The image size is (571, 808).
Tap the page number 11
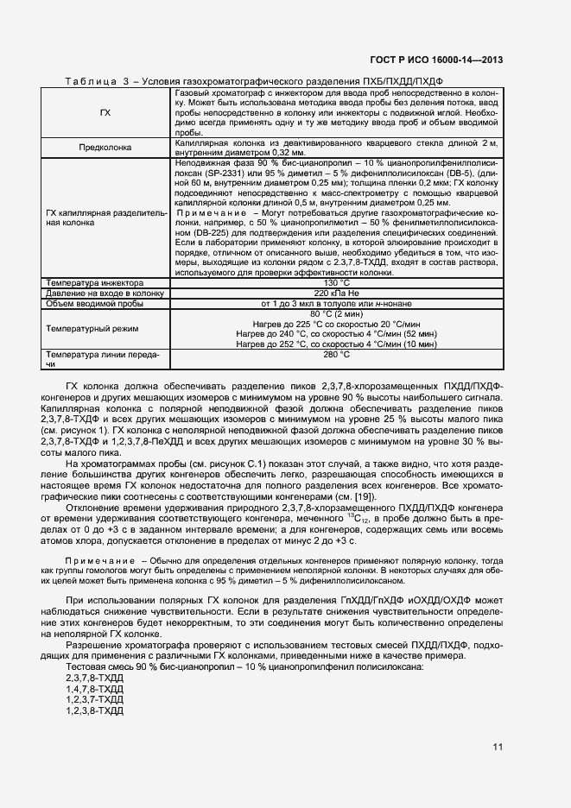pos(498,747)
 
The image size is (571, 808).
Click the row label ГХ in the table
pos(105,112)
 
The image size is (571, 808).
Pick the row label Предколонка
pos(105,148)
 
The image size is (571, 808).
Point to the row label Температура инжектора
pos(96,282)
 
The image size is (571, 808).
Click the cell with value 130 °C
pos(335,282)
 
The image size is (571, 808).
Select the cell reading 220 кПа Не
pos(335,293)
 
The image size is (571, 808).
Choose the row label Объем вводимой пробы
pos(97,303)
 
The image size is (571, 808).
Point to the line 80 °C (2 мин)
pos(335,313)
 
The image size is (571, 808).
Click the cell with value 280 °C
pos(335,354)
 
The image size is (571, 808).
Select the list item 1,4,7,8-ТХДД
pos(94,690)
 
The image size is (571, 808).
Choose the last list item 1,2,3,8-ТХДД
pos(94,710)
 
